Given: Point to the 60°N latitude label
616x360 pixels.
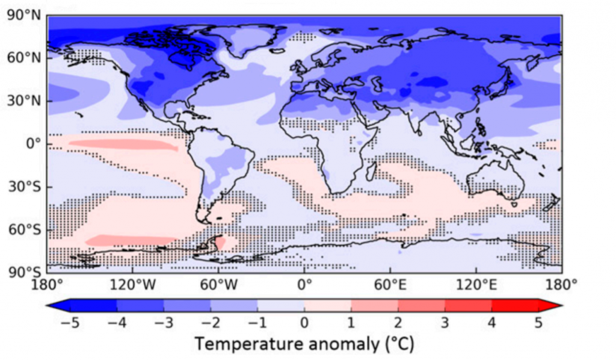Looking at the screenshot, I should click(x=23, y=58).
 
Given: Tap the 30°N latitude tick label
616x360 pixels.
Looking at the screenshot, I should click(x=23, y=101).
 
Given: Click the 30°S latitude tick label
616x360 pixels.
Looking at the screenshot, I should click(x=23, y=187).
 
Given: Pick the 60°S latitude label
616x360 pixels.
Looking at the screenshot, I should click(x=23, y=230).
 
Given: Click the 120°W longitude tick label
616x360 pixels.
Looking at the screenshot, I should click(x=133, y=283).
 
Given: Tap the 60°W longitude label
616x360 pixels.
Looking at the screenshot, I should click(x=218, y=283).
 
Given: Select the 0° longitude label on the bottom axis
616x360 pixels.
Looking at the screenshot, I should click(x=304, y=283).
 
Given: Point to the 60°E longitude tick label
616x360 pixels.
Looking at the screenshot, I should click(x=390, y=283).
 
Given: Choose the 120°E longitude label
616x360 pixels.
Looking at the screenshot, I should click(x=476, y=283).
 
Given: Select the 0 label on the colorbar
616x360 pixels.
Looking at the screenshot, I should click(x=304, y=323).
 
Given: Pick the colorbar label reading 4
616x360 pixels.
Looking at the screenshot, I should click(x=491, y=323).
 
